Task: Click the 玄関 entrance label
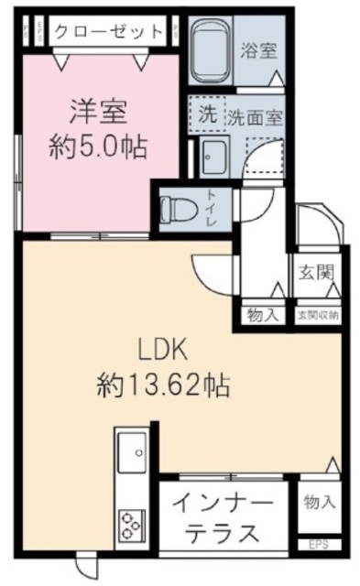313,272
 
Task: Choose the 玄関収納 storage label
317,315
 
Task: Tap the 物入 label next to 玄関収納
262,315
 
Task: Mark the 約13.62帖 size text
163,385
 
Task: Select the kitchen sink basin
132,452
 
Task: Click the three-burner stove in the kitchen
131,524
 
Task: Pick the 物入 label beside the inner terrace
318,503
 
